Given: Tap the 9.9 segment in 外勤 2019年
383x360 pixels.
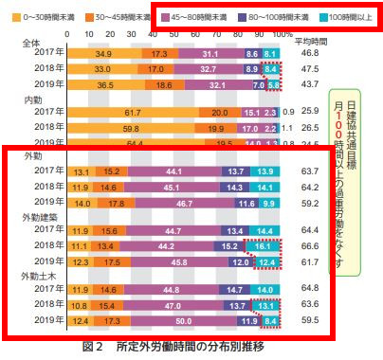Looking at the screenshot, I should pos(269,202).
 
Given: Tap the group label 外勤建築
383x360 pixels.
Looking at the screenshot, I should pos(44,214).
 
